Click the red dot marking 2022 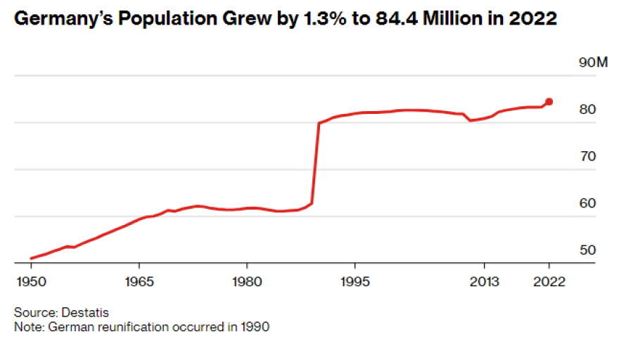(549, 102)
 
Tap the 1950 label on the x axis (31, 282)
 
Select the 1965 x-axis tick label (139, 282)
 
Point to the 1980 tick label (247, 282)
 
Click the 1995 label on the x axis (355, 282)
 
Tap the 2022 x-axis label (549, 282)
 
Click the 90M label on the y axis (592, 63)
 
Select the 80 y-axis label (587, 110)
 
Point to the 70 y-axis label (587, 156)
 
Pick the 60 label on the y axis (587, 203)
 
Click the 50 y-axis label (587, 250)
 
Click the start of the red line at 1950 (32, 259)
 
